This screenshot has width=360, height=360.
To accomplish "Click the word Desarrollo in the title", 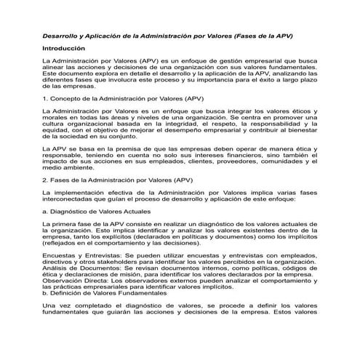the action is (63, 35).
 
